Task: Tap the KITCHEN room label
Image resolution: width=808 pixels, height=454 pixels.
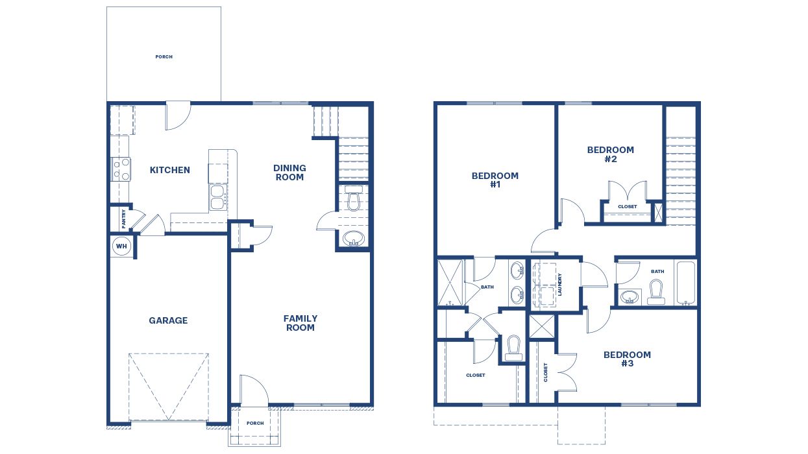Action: click(170, 170)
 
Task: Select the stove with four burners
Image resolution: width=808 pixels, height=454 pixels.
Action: click(121, 169)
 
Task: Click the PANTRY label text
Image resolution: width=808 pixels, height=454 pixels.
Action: click(123, 219)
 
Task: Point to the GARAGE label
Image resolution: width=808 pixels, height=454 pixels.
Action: click(168, 320)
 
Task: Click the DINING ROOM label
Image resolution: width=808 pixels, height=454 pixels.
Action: click(289, 173)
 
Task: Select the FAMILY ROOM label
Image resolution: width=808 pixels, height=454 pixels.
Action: click(300, 323)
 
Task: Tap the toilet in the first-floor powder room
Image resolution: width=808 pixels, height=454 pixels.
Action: click(354, 199)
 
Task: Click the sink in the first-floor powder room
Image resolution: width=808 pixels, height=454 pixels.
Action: click(354, 238)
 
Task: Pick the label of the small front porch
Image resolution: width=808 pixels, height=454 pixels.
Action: click(255, 424)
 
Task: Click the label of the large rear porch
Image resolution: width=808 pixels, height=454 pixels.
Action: click(164, 56)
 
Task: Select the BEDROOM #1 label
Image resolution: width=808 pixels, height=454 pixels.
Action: click(495, 180)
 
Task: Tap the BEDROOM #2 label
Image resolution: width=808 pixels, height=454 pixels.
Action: click(610, 154)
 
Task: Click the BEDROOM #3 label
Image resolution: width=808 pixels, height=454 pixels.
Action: click(627, 359)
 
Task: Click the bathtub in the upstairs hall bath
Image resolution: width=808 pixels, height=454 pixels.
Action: click(686, 282)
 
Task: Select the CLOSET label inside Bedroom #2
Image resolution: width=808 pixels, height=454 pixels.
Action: click(627, 207)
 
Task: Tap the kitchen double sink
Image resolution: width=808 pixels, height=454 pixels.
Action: click(217, 198)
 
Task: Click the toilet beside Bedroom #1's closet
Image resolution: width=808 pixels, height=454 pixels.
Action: click(514, 348)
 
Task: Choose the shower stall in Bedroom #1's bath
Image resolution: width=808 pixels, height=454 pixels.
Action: click(450, 282)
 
